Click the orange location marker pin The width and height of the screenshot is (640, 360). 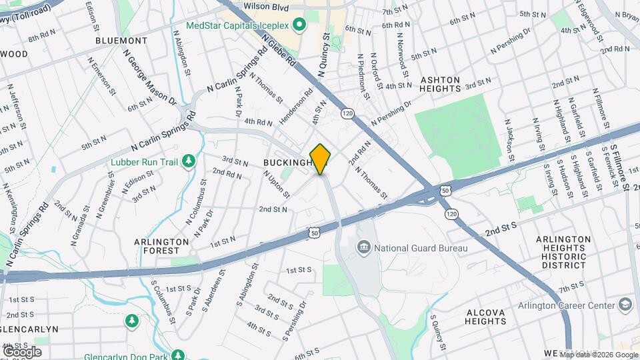(x=321, y=158)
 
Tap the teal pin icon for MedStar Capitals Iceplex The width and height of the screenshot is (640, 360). (x=299, y=25)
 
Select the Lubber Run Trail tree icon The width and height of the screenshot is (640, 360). (x=189, y=160)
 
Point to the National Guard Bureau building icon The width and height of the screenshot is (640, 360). (x=364, y=249)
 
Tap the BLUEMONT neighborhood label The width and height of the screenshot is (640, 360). (x=121, y=41)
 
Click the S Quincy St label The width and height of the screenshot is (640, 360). (x=437, y=333)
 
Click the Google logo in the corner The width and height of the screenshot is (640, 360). (x=22, y=351)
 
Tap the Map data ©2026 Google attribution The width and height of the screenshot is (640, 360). (x=595, y=353)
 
